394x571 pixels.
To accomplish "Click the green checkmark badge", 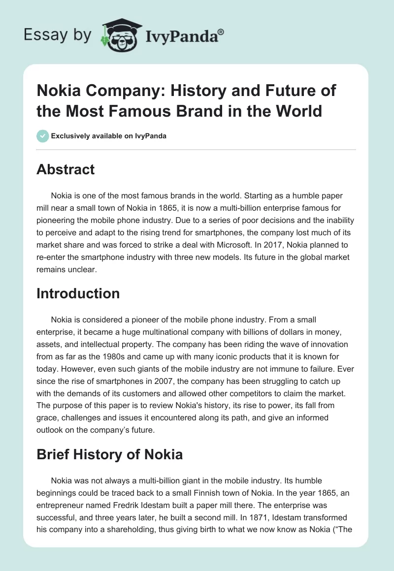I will click(x=43, y=136).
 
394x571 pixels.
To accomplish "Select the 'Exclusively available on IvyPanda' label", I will click(x=109, y=136).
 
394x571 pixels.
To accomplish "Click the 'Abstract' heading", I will click(x=66, y=170).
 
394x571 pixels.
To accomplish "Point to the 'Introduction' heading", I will click(x=78, y=293).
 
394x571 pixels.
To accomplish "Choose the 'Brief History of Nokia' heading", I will click(x=109, y=454).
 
